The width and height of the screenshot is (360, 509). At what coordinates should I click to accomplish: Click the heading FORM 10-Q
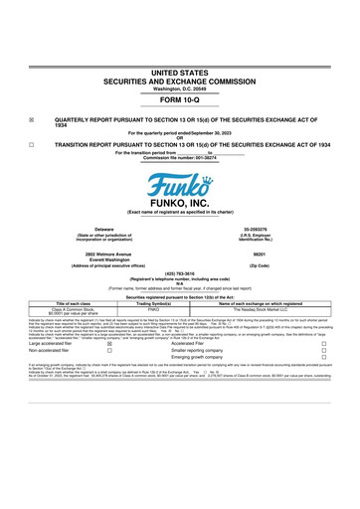[179, 74]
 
